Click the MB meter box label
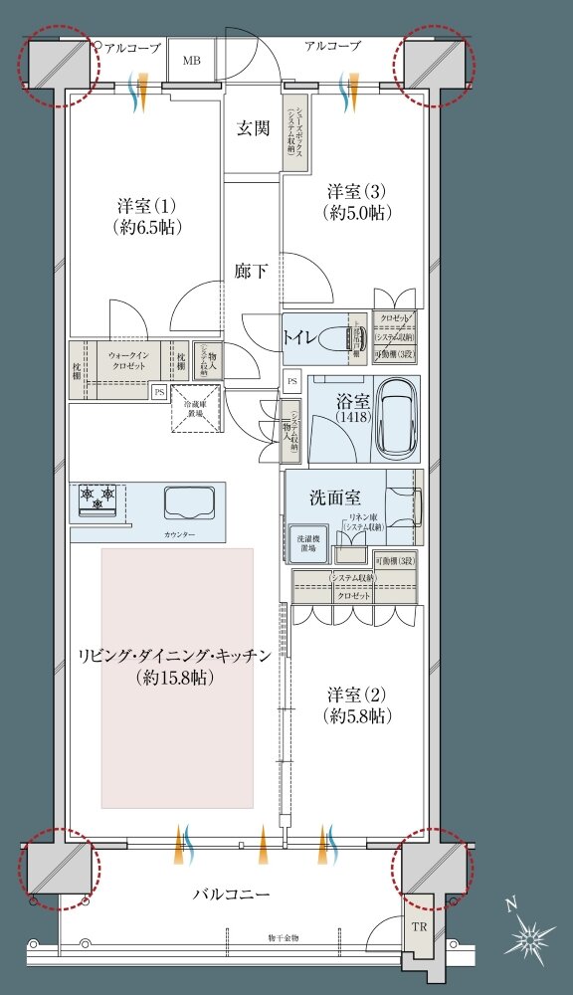[191, 61]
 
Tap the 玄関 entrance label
[253, 127]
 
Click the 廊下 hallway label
[251, 270]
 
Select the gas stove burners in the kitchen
[98, 497]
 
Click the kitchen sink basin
[183, 500]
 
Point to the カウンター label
[179, 535]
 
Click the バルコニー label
[231, 895]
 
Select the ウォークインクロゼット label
[127, 359]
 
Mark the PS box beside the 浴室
[291, 380]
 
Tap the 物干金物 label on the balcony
[284, 936]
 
